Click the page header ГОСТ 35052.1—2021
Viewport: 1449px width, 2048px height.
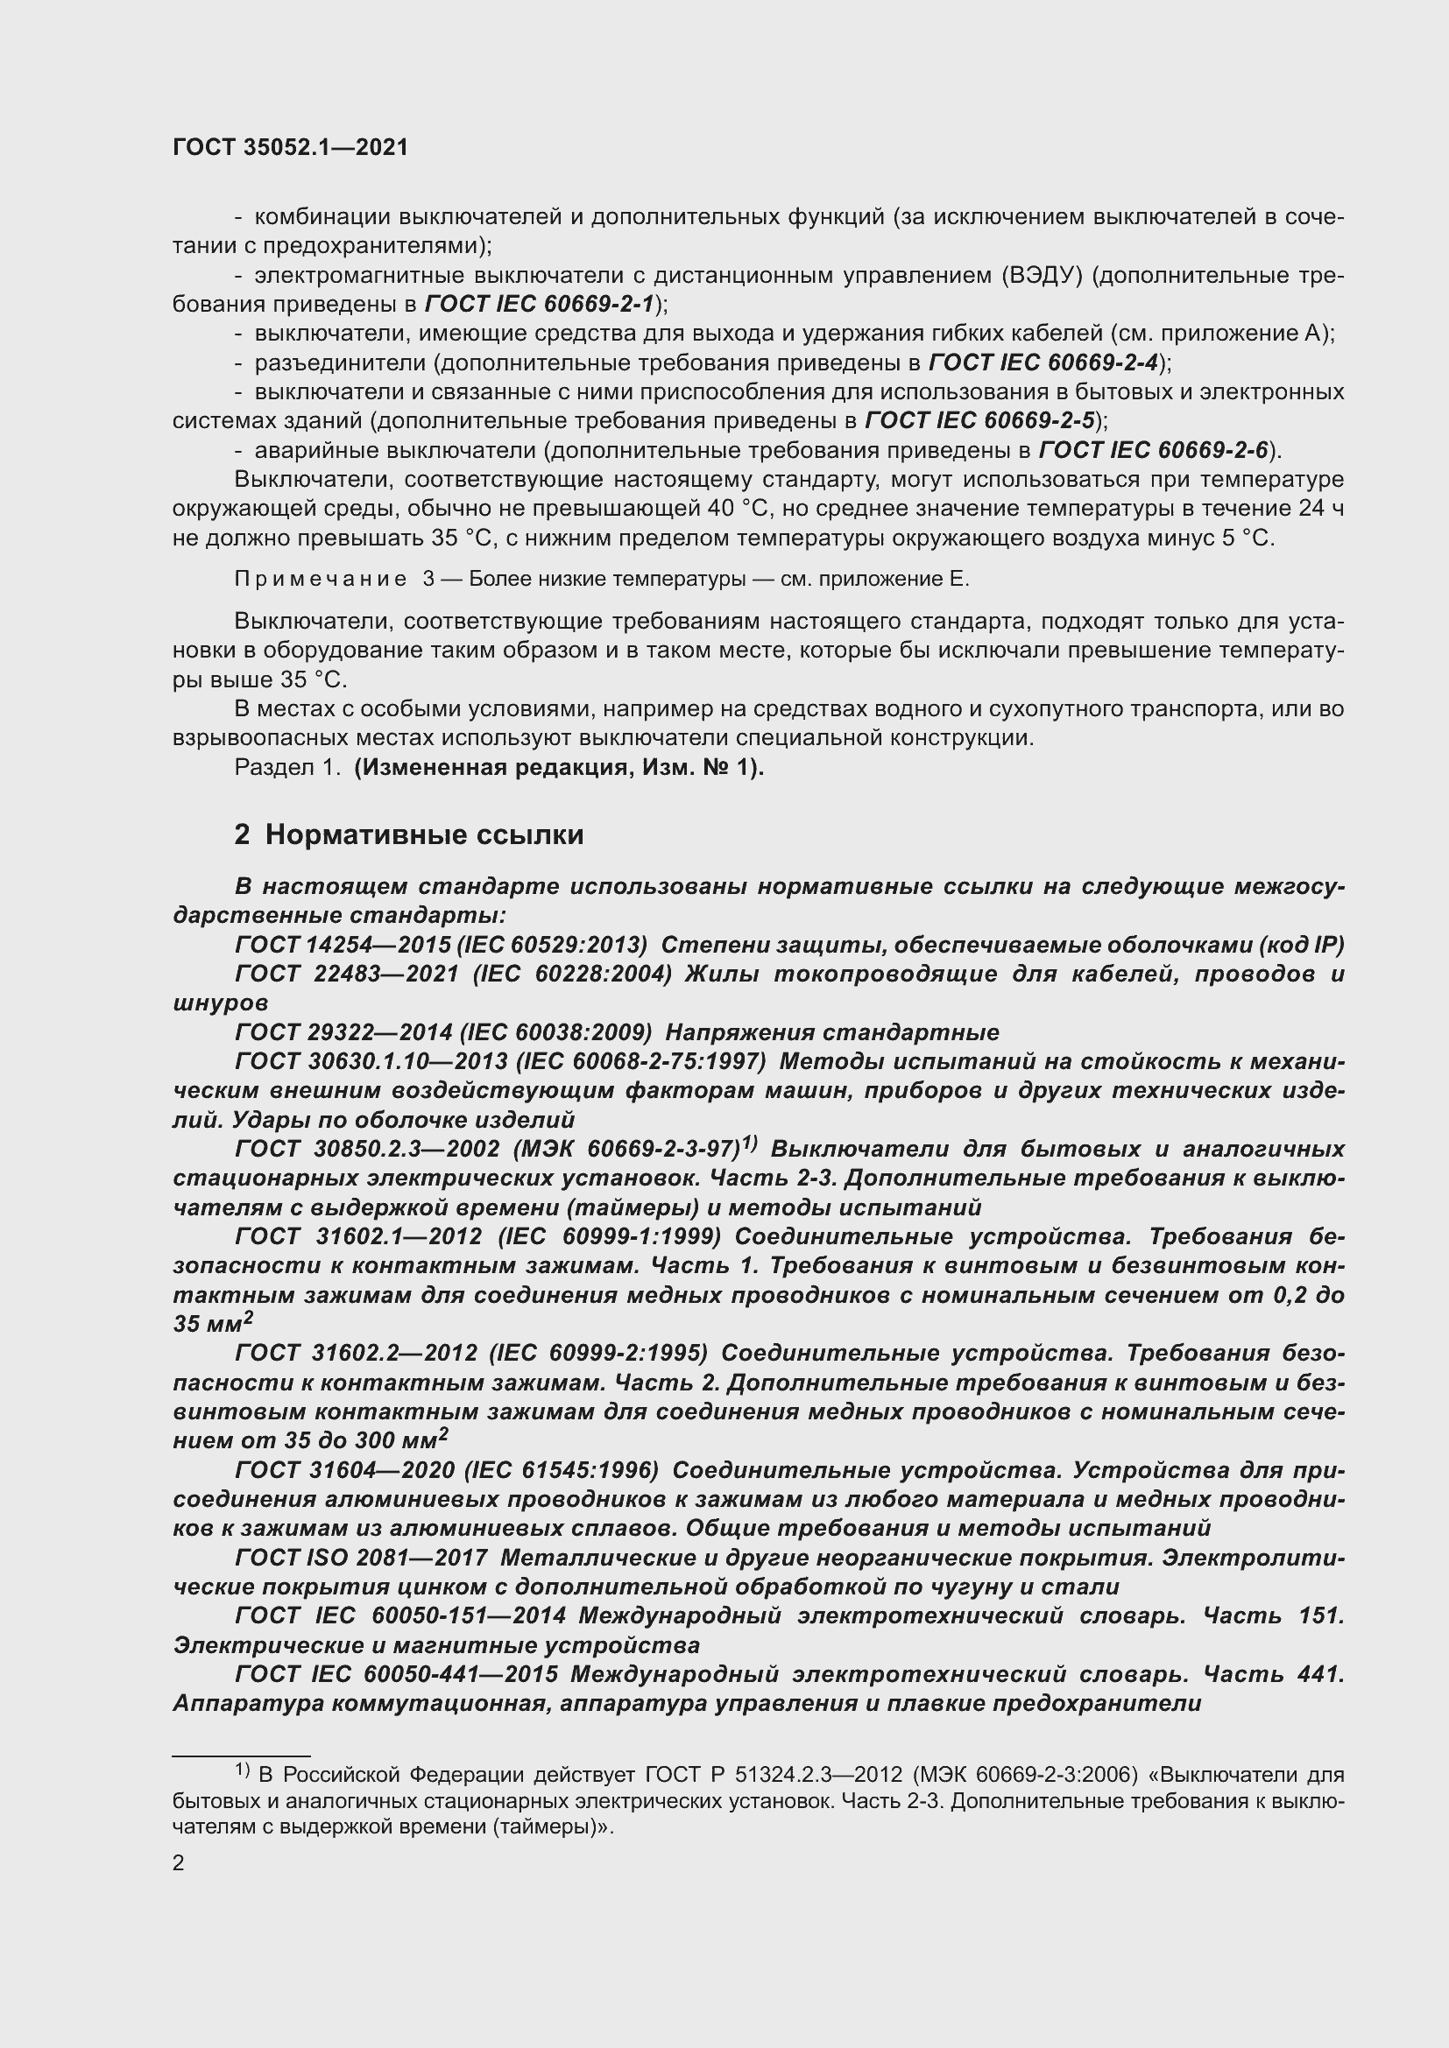290,148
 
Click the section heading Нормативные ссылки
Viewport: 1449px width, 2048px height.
424,835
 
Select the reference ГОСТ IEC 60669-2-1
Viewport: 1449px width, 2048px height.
540,304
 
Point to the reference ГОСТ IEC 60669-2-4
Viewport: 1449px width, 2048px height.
1043,363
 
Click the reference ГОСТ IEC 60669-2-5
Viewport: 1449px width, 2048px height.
979,421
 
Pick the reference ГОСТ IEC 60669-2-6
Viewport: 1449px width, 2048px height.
1154,450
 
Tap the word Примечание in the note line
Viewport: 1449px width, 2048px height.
321,580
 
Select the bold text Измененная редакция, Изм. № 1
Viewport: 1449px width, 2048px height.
559,768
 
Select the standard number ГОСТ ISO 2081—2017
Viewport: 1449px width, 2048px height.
360,1558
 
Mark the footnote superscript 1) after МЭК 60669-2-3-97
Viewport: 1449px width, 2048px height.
750,1144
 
